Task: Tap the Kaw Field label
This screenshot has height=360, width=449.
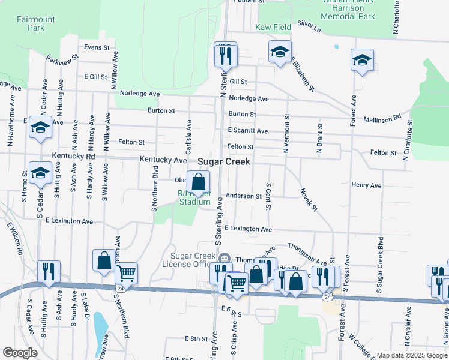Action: [273, 27]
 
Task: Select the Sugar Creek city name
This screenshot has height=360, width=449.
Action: [224, 162]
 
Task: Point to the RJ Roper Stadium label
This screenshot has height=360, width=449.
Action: [194, 197]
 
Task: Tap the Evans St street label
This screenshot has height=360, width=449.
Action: [97, 47]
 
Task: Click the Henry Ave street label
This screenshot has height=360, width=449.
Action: [367, 185]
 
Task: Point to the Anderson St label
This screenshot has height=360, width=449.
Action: [244, 196]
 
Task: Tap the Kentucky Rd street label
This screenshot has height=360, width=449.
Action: [74, 156]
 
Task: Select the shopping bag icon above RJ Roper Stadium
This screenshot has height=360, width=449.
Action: [199, 181]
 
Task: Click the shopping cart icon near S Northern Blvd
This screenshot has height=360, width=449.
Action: [126, 273]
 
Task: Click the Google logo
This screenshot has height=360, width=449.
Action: [20, 353]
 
